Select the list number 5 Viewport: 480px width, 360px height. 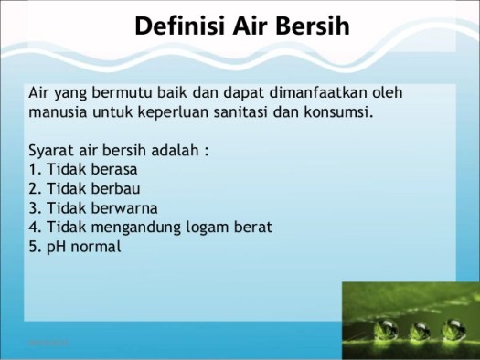(x=33, y=247)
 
